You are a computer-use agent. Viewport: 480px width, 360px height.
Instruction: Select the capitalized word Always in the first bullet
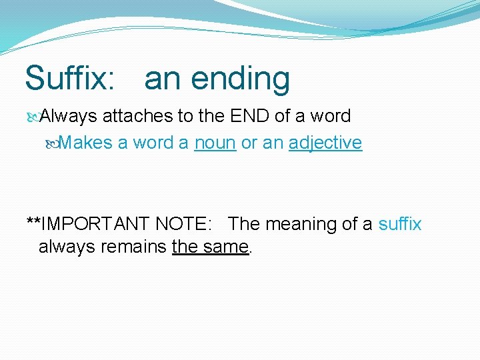(69, 117)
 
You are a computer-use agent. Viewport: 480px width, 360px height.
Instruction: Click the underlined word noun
(215, 143)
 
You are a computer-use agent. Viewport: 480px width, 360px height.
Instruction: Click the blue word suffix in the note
(400, 224)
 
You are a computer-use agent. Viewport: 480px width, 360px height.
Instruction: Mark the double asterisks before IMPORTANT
(33, 222)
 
